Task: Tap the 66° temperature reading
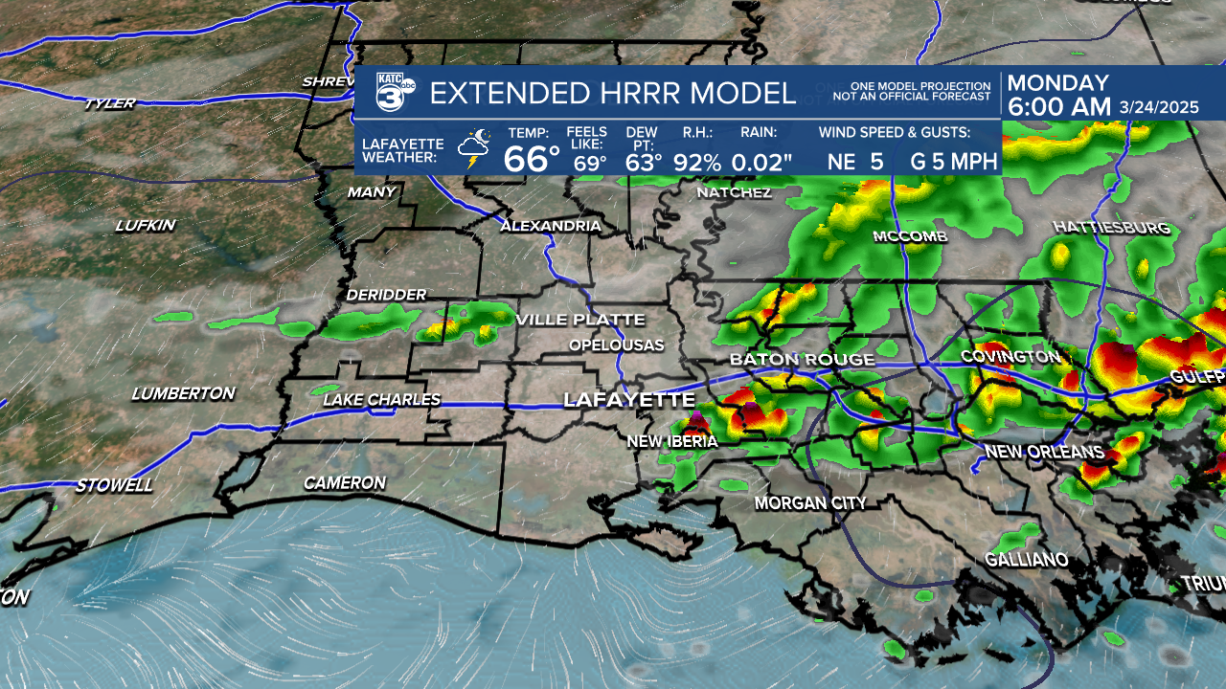[x=532, y=159]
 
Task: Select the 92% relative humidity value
[x=696, y=162]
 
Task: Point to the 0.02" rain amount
[x=761, y=162]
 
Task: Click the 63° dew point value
[x=644, y=162]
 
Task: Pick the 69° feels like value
[x=590, y=163]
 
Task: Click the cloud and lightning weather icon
[x=474, y=150]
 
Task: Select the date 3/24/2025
[x=1159, y=108]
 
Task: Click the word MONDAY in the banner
[x=1057, y=83]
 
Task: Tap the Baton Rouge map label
[x=802, y=360]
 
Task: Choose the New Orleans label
[x=1044, y=452]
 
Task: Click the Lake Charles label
[x=381, y=400]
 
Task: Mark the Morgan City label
[x=810, y=503]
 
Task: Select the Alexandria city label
[x=551, y=227]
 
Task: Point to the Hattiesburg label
[x=1111, y=228]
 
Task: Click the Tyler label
[x=109, y=103]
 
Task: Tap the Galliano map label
[x=1027, y=560]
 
